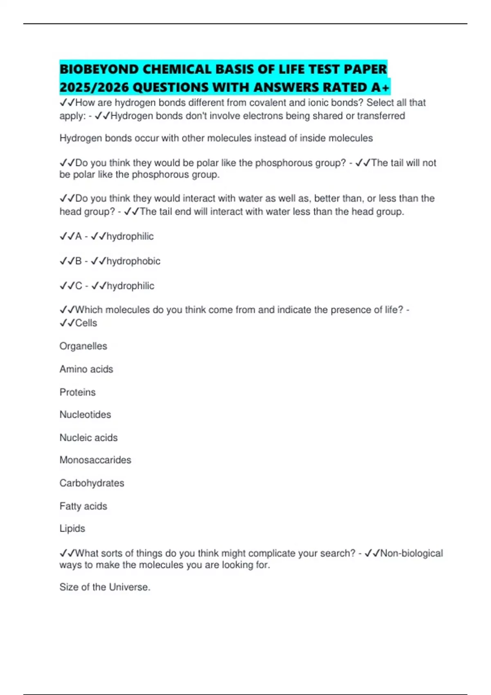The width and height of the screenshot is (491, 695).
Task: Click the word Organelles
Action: [83, 346]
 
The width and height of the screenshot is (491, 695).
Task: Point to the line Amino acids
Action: [86, 369]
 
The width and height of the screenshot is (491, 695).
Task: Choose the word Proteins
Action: [77, 392]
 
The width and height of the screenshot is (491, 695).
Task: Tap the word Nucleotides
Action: [85, 415]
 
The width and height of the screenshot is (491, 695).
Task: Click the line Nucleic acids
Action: [88, 437]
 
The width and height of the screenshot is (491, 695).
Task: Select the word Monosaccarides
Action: [95, 460]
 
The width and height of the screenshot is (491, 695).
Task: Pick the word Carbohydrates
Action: [92, 483]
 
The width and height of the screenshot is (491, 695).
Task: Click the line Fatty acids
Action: [83, 506]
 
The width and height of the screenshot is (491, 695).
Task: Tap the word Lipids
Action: [72, 528]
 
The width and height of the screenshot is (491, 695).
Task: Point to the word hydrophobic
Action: [133, 261]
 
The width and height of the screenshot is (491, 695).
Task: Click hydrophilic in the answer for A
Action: [130, 236]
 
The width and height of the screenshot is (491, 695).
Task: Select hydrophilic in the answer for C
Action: [131, 286]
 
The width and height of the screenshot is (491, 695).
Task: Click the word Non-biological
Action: [412, 553]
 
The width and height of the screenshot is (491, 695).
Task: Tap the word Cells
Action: [86, 323]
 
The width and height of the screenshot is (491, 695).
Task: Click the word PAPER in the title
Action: [365, 69]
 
